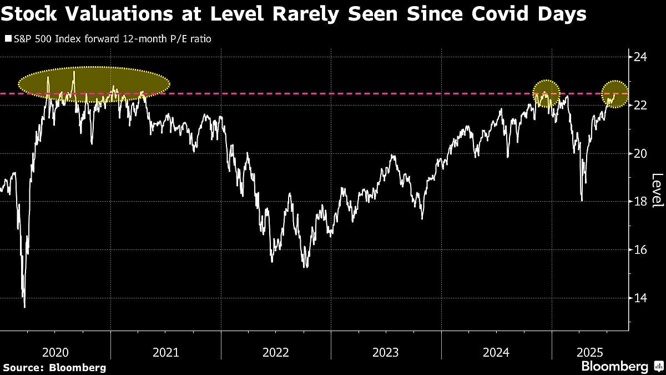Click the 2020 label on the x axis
tap(55, 352)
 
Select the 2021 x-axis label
tap(165, 352)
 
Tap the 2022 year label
tap(276, 352)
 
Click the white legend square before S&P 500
tap(8, 39)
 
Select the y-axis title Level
tap(657, 191)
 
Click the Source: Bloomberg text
tap(54, 367)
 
